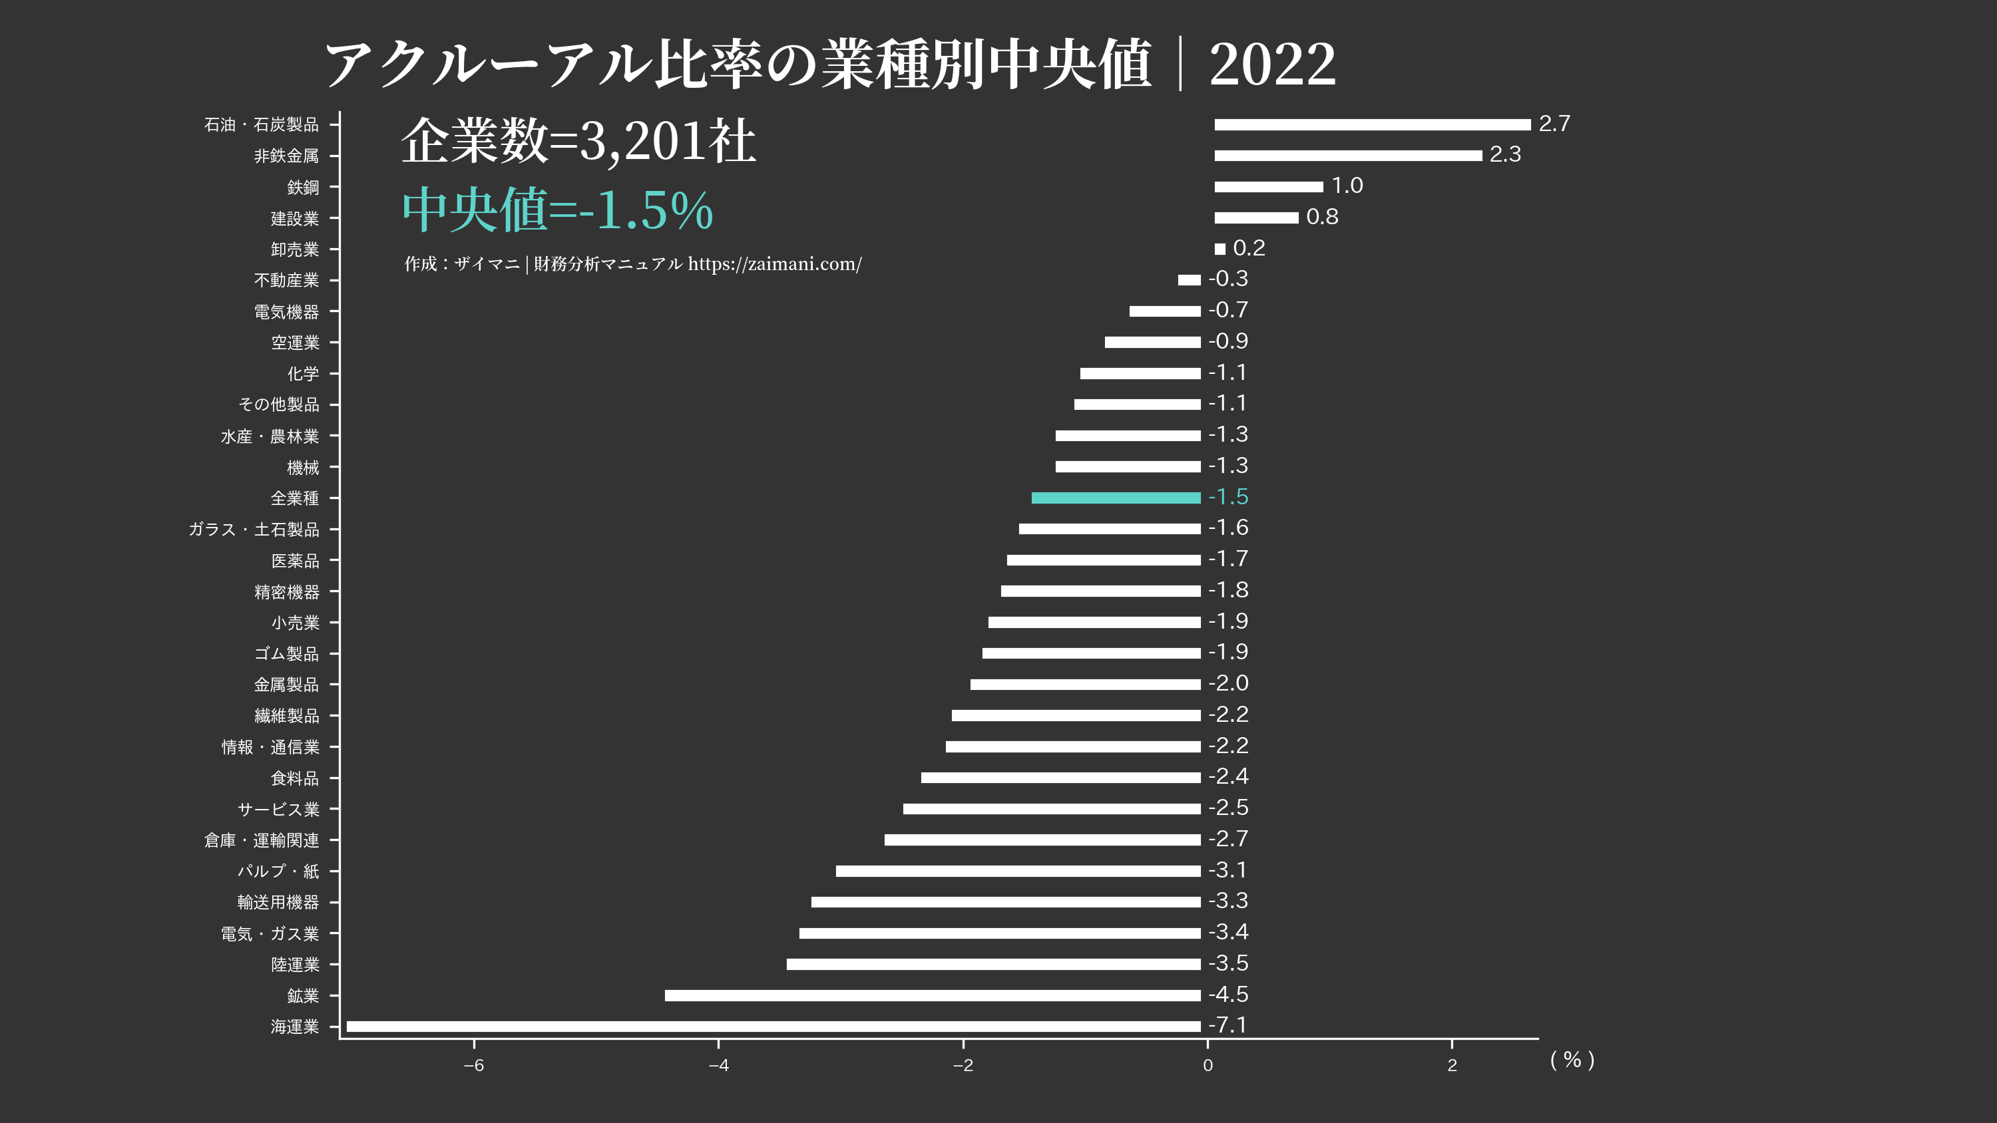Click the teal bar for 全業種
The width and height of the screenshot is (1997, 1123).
[x=1116, y=498]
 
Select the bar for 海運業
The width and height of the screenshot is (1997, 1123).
[x=773, y=1026]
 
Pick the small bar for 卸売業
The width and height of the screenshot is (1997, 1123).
[x=1220, y=249]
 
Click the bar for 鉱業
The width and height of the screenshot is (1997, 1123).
[x=933, y=995]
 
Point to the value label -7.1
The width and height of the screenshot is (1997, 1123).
[x=1228, y=1025]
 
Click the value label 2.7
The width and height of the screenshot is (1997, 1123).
[x=1554, y=124]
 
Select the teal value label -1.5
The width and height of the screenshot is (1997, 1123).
[x=1228, y=497]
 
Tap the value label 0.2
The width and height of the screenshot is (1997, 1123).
[x=1248, y=248]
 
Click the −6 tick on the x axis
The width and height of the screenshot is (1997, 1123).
[x=474, y=1065]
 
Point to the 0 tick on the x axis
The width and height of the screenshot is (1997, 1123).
[x=1207, y=1065]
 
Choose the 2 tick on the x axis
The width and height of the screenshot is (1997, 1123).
[x=1452, y=1065]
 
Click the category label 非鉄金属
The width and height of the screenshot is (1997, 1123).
[x=286, y=156]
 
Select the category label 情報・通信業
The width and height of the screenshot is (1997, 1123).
[x=270, y=747]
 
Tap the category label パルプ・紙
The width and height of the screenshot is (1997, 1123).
[x=278, y=871]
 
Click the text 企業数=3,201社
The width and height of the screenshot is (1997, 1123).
[x=578, y=142]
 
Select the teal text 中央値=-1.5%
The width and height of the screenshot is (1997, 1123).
[x=557, y=210]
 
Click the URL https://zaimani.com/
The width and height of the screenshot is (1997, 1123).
[x=774, y=264]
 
